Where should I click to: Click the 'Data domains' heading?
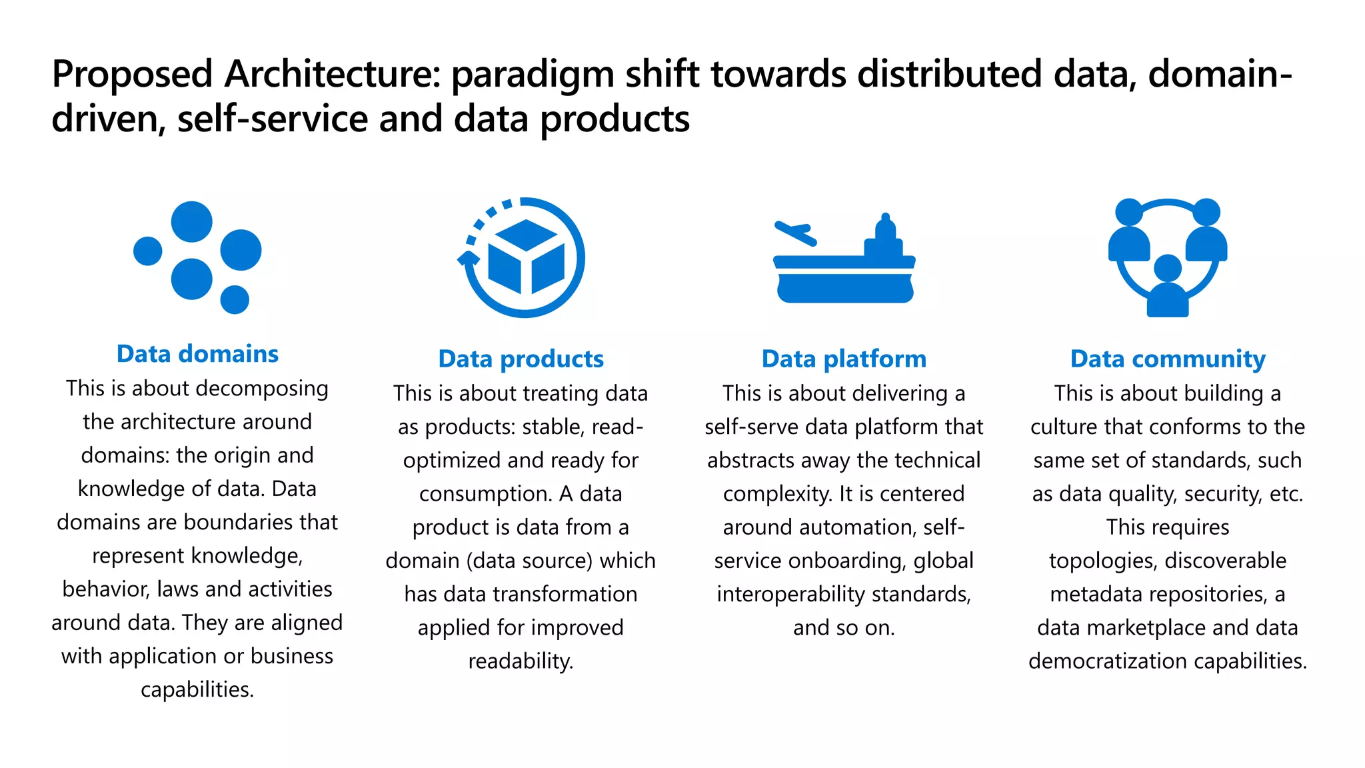coord(197,354)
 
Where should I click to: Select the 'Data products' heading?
coord(521,359)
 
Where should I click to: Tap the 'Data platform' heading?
coord(844,359)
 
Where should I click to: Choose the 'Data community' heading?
coord(1168,359)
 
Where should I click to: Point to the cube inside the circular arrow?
coord(526,257)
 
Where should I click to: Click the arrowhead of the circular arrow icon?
coord(468,259)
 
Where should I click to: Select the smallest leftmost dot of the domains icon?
coord(148,251)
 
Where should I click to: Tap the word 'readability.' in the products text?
coord(521,661)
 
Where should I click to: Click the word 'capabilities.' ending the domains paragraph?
coord(197,689)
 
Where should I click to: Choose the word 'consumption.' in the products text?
coord(486,494)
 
